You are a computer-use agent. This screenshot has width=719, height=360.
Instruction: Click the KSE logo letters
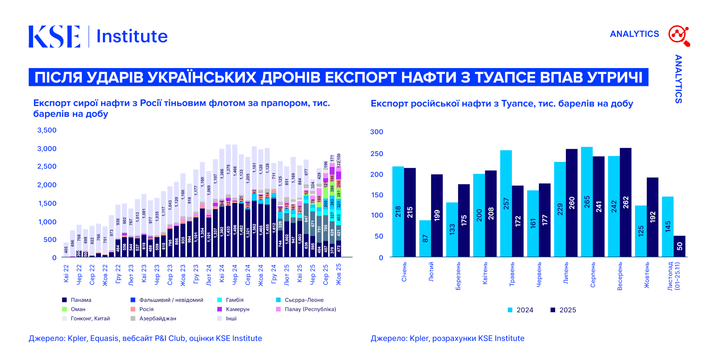coord(54,36)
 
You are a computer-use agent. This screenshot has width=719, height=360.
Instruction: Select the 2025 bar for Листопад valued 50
coord(679,246)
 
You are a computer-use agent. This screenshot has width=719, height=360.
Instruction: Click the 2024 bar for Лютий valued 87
coord(425,239)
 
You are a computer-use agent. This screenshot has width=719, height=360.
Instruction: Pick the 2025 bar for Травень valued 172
coord(517,221)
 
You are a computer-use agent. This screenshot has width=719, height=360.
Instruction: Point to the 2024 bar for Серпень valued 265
coord(587,202)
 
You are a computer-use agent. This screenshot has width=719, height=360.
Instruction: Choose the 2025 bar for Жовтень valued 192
coord(652,217)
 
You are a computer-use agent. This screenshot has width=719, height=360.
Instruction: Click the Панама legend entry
coord(77,300)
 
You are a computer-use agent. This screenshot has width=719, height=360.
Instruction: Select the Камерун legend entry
coord(233,309)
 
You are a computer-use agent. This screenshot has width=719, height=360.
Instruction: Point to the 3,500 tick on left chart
coord(47,130)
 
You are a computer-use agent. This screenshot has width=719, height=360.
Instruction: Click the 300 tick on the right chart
coord(377,132)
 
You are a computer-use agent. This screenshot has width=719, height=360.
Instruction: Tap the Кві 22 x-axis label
coord(66,273)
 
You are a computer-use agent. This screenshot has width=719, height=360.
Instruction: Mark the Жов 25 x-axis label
coord(338,274)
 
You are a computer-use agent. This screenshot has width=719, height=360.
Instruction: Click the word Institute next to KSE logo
coord(132,36)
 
